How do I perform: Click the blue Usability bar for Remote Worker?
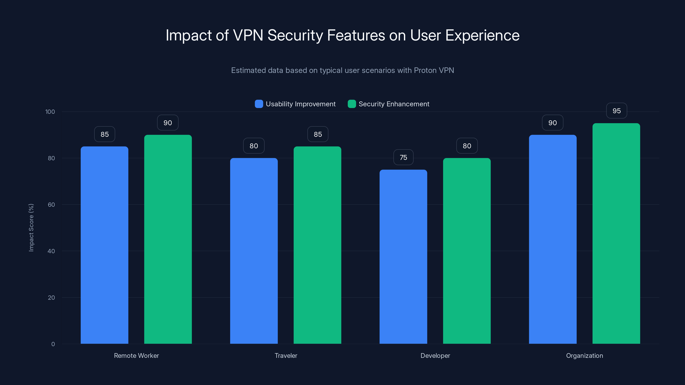pos(104,244)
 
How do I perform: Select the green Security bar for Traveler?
pos(317,244)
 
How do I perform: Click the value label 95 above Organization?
pos(616,111)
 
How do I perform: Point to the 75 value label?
pos(403,158)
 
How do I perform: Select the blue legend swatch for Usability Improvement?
pos(259,104)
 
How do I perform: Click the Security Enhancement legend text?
pos(394,104)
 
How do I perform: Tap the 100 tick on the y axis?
pos(50,112)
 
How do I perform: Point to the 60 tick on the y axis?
pos(51,205)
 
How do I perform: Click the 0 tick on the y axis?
pos(53,344)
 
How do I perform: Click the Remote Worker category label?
pos(136,355)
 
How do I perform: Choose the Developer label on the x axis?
pos(435,355)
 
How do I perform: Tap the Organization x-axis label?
pos(584,355)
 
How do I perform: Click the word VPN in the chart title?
pos(248,35)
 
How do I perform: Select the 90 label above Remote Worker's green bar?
pos(168,123)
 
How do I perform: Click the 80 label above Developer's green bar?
pos(467,146)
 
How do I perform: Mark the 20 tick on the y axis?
pos(51,298)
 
